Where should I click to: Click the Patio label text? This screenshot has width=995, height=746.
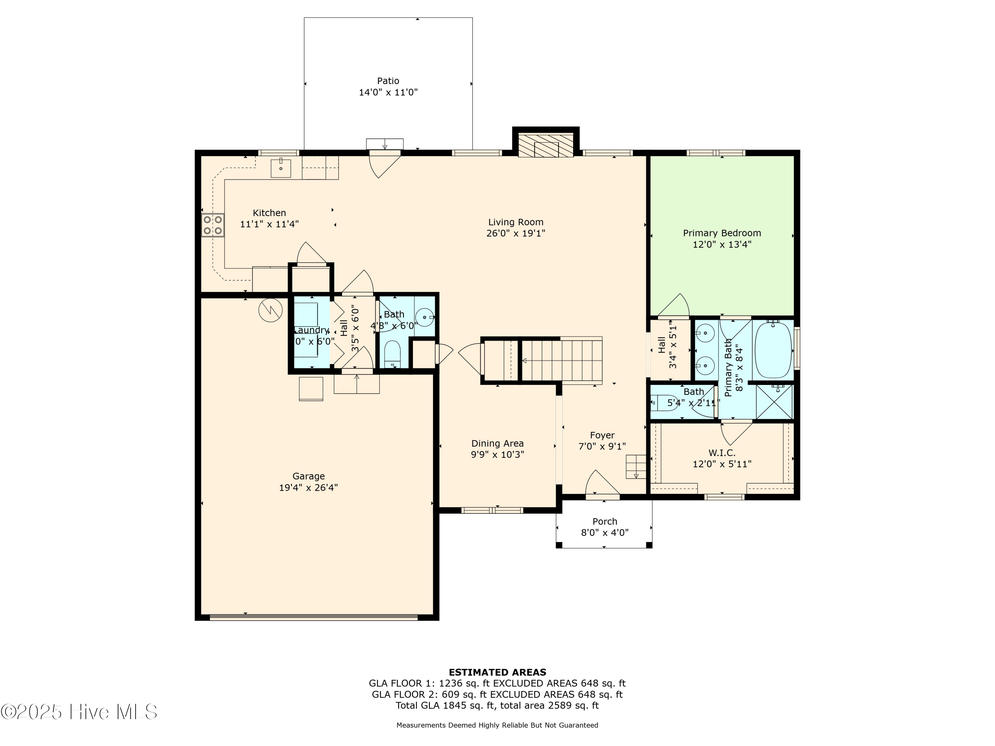[x=388, y=81]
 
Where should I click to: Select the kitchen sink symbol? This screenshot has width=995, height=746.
[x=281, y=168]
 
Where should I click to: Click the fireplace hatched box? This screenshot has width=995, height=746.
[x=546, y=145]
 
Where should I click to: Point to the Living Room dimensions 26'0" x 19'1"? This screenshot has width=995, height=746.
[x=515, y=233]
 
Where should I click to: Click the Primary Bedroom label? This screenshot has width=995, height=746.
[x=721, y=233]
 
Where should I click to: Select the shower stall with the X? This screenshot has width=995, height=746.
[x=774, y=402]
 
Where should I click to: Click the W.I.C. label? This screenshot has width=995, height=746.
[x=721, y=453]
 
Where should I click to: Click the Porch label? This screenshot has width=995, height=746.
[x=605, y=521]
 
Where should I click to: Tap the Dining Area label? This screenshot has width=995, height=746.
[x=497, y=443]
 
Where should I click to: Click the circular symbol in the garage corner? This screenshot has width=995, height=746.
[x=270, y=310]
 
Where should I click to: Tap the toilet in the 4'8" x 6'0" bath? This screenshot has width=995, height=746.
[x=393, y=354]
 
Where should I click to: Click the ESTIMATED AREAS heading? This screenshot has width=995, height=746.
[x=497, y=672]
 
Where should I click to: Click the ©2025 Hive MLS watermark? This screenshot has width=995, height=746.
[x=79, y=712]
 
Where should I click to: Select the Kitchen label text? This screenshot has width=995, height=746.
[x=269, y=213]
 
